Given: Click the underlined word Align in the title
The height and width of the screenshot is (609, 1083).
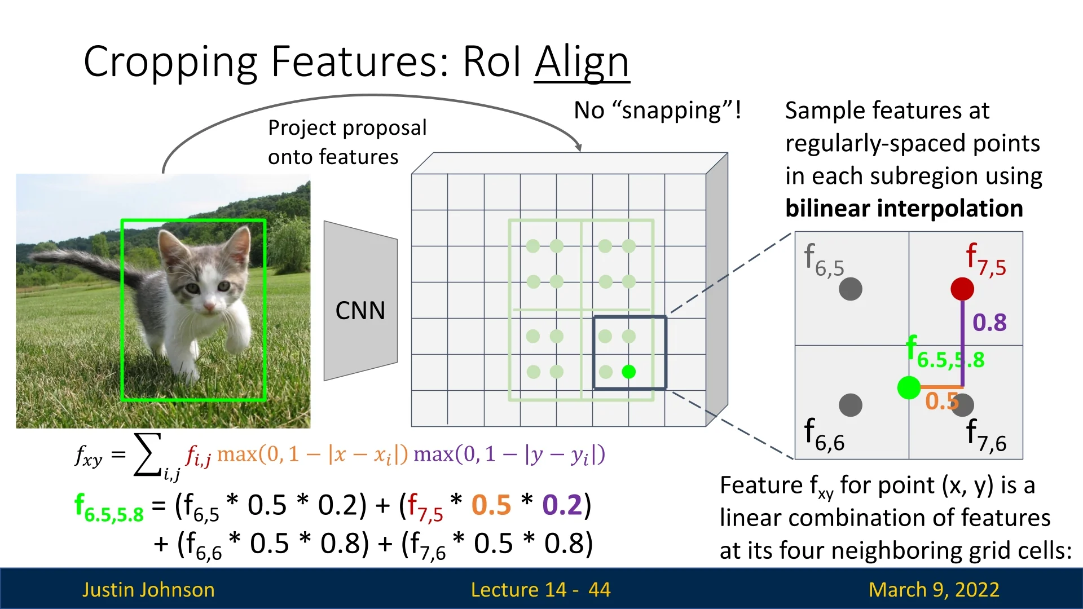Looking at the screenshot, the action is [582, 62].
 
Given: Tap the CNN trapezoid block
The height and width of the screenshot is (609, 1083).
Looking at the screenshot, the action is [360, 301].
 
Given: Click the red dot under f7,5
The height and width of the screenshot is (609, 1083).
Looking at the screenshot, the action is [962, 289].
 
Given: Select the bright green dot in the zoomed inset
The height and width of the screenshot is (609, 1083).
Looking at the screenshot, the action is [909, 387].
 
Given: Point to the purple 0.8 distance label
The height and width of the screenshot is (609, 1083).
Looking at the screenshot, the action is [989, 323].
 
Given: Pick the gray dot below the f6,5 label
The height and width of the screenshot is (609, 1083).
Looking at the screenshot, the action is [851, 289].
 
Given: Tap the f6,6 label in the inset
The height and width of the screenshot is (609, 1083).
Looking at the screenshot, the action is [824, 435].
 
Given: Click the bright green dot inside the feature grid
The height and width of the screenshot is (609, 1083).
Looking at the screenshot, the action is [628, 372].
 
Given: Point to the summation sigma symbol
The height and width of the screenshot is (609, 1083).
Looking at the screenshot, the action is [148, 454].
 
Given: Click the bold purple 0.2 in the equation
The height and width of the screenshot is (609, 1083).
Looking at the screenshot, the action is [562, 505].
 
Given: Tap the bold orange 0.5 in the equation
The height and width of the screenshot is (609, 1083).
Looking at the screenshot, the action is [491, 505].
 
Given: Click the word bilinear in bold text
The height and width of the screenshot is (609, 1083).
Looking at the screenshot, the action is [824, 208].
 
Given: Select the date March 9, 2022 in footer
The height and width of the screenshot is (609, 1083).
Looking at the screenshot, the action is [934, 589].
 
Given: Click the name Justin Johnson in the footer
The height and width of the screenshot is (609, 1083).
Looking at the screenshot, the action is [148, 589].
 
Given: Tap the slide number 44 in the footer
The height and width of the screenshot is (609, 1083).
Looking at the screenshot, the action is [599, 589].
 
